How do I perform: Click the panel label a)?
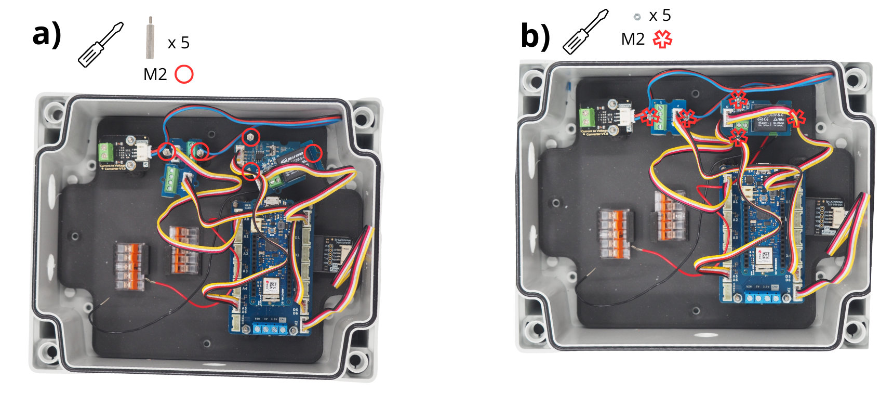47,34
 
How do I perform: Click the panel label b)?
535,36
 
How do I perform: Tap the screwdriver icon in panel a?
100,45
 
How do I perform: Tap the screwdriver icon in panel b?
585,32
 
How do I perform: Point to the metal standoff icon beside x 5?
150,38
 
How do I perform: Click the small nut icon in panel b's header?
637,17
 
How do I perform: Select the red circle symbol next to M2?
184,74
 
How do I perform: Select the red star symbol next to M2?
662,40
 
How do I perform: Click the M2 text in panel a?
155,75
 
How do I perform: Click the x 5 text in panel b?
660,16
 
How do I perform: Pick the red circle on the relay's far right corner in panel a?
313,153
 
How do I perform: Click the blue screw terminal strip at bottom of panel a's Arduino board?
270,329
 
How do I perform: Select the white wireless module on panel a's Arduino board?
271,289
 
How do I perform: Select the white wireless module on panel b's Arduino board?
765,259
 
